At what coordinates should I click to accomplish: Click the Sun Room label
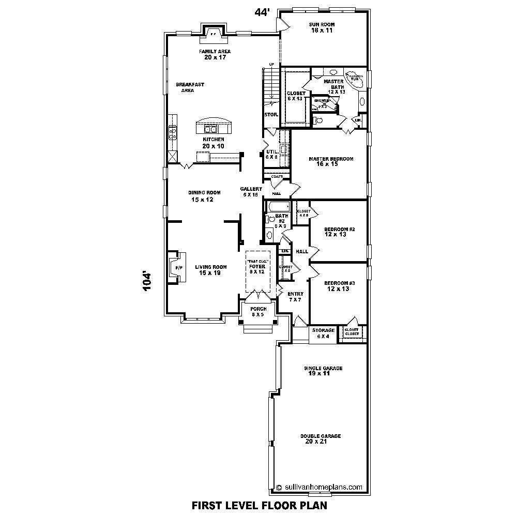322,27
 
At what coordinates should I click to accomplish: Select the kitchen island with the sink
213,127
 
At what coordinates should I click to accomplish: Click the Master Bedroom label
331,162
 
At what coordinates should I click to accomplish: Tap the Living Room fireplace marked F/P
177,268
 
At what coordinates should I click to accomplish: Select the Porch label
258,312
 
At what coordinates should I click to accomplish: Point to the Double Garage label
321,439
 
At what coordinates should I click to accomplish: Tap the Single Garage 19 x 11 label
323,371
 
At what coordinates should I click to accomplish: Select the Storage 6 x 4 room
323,333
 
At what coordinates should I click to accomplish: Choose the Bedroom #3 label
339,286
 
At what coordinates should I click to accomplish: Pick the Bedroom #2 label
339,232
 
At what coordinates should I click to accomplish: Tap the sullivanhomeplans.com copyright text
319,486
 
